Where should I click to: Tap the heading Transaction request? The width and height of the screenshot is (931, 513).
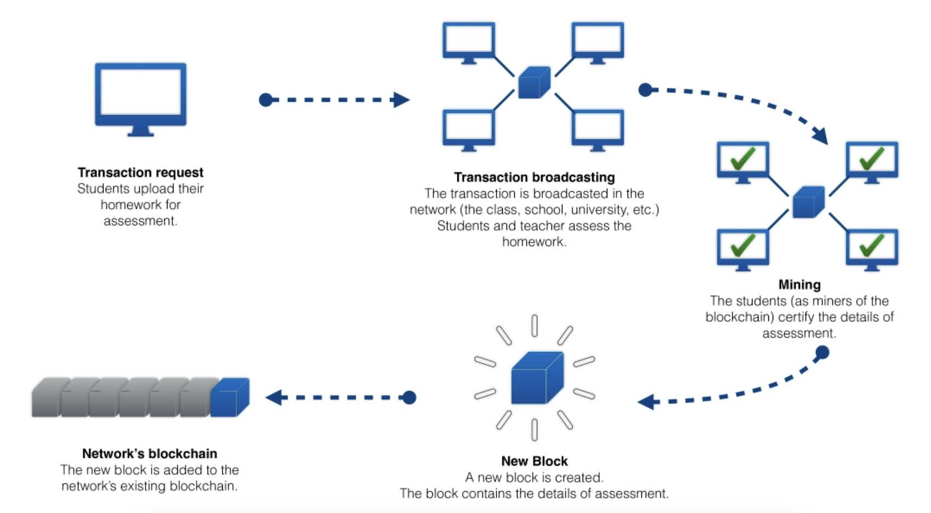pos(140,173)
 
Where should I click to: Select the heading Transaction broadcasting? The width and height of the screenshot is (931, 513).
pos(534,178)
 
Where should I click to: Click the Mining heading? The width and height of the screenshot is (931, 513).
pos(799,285)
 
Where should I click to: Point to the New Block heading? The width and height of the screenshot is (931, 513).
pos(534,461)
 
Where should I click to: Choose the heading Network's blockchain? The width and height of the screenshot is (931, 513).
pos(150,454)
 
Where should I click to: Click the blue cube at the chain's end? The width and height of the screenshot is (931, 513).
pos(229,397)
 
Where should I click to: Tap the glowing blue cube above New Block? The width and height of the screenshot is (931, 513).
pos(536,378)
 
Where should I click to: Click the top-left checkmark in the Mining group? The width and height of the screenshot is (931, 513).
pos(743,158)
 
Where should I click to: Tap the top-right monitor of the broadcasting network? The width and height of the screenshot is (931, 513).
pos(597,41)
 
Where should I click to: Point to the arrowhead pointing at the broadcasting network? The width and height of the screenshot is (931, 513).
pos(401,100)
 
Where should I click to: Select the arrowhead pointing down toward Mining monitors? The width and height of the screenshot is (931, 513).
pos(820,135)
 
